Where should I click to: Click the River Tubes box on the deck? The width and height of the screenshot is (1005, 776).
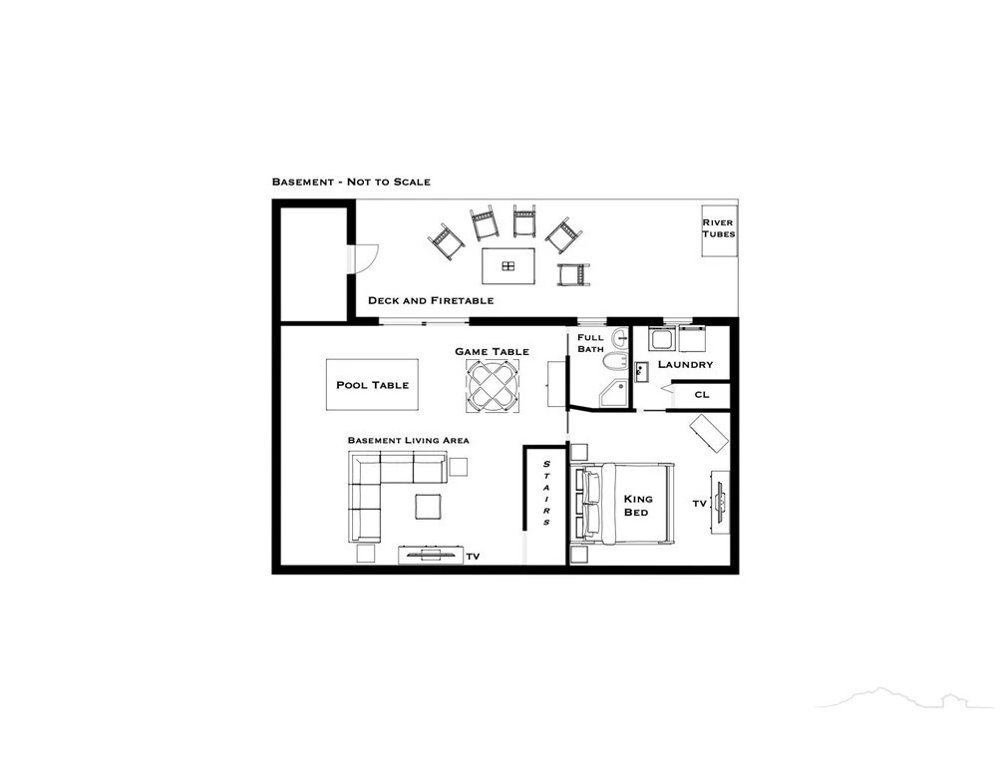719,230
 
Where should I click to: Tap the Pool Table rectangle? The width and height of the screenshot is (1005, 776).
373,384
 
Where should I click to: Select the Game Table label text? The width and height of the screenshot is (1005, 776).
493,351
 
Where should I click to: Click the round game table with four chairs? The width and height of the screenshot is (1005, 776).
493,385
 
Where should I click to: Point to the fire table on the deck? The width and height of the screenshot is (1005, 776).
508,266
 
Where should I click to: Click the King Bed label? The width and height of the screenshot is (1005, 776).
638,506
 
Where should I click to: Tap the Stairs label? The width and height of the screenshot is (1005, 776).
546,493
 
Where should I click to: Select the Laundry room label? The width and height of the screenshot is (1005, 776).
685,364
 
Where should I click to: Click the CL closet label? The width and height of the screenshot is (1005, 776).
702,394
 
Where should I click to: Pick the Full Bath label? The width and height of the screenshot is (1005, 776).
590,343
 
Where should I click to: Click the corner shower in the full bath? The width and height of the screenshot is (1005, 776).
614,393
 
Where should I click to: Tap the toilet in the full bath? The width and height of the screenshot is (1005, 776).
616,362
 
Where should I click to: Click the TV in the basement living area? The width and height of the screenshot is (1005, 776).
430,555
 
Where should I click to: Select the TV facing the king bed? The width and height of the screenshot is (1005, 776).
721,501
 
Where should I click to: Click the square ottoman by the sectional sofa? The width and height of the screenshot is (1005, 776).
428,506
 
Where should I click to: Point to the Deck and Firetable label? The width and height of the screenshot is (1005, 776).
431,300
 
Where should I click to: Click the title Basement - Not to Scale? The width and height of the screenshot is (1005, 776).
351,182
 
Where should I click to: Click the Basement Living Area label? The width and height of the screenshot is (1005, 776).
409,441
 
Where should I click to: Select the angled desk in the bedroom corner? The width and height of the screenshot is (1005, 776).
710,434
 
